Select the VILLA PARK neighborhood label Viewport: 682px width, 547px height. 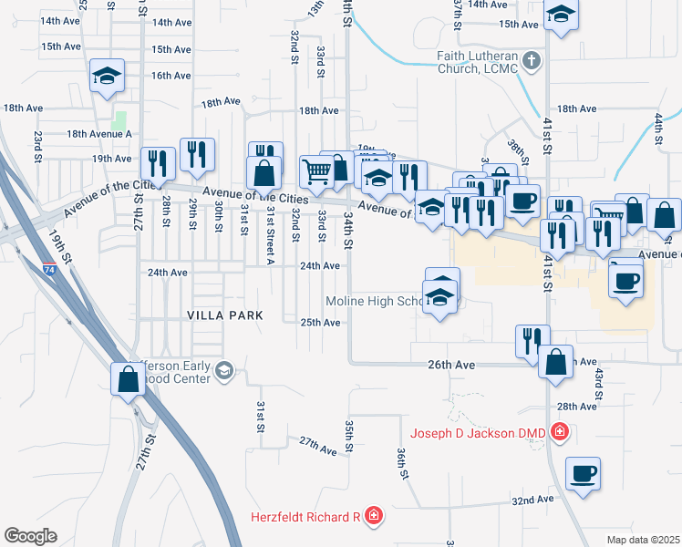coord(224,315)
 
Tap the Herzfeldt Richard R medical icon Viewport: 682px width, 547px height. coord(373,518)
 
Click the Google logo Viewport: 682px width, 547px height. coord(30,536)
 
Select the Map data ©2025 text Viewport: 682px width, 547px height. coord(643,540)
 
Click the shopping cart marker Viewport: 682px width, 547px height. coord(316,170)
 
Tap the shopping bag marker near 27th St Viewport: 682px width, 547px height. coord(128,377)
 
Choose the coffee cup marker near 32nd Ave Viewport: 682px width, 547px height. coord(583,473)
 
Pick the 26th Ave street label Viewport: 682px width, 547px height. coord(452,364)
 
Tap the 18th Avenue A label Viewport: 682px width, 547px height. coord(99,133)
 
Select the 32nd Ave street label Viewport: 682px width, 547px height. coord(532,501)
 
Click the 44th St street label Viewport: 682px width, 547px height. coord(657,129)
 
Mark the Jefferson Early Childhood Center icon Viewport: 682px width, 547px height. coord(225,369)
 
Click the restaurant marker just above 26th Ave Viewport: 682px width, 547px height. coord(532,340)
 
